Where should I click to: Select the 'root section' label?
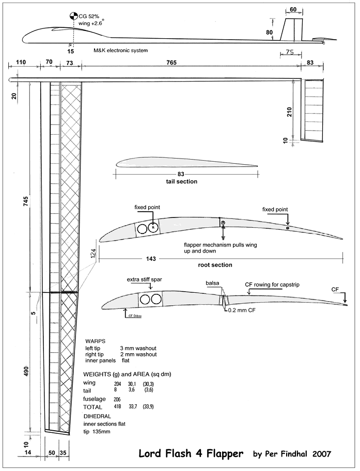click(x=215, y=265)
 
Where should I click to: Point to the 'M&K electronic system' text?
click(x=121, y=51)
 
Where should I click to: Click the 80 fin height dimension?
click(x=269, y=32)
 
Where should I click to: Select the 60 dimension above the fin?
click(x=293, y=10)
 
